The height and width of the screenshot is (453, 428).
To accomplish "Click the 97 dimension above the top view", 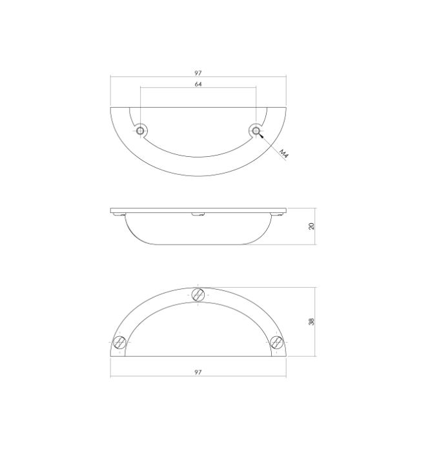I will click(198, 73).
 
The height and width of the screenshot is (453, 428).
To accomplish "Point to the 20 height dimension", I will click(311, 226).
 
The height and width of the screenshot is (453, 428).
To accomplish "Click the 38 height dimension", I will click(311, 321).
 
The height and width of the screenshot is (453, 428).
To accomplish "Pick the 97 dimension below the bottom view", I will click(198, 373).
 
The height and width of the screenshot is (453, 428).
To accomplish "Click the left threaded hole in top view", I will click(140, 132).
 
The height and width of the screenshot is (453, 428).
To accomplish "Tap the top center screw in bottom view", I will click(199, 294).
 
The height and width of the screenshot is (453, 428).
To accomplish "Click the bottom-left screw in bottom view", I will click(119, 343).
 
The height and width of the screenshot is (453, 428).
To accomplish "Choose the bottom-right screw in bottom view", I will click(277, 343).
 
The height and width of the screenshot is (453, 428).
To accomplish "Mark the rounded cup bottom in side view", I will click(198, 244).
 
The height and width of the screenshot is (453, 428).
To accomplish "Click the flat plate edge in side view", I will click(198, 209).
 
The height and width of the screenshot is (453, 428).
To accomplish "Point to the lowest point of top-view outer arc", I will click(198, 176).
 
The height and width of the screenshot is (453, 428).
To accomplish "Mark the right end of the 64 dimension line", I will click(256, 89).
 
